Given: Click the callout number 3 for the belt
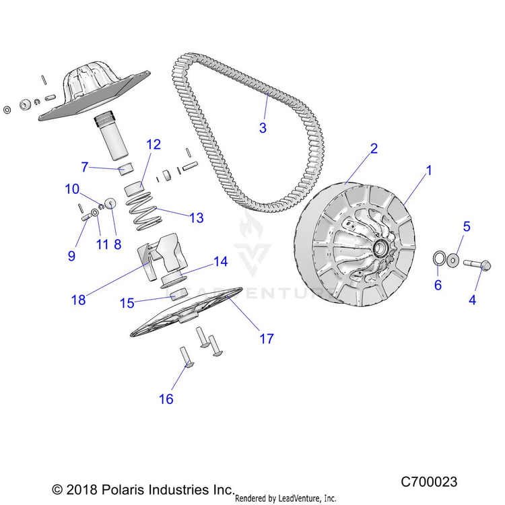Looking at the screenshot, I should pyautogui.click(x=263, y=127).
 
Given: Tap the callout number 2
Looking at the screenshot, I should pyautogui.click(x=373, y=149).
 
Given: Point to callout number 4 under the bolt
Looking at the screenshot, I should pyautogui.click(x=472, y=300).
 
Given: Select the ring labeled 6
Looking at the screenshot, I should pyautogui.click(x=438, y=257).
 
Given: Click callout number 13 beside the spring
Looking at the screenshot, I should pyautogui.click(x=196, y=217).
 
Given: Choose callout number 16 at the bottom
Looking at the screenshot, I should pyautogui.click(x=166, y=399).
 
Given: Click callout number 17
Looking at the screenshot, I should pyautogui.click(x=267, y=338).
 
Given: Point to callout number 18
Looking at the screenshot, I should pyautogui.click(x=79, y=300).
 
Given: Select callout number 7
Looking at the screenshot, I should pyautogui.click(x=85, y=166).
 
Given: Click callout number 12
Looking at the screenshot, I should pyautogui.click(x=154, y=144).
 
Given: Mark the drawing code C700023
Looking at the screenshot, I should pyautogui.click(x=429, y=482).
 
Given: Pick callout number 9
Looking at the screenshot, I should pyautogui.click(x=71, y=255).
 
